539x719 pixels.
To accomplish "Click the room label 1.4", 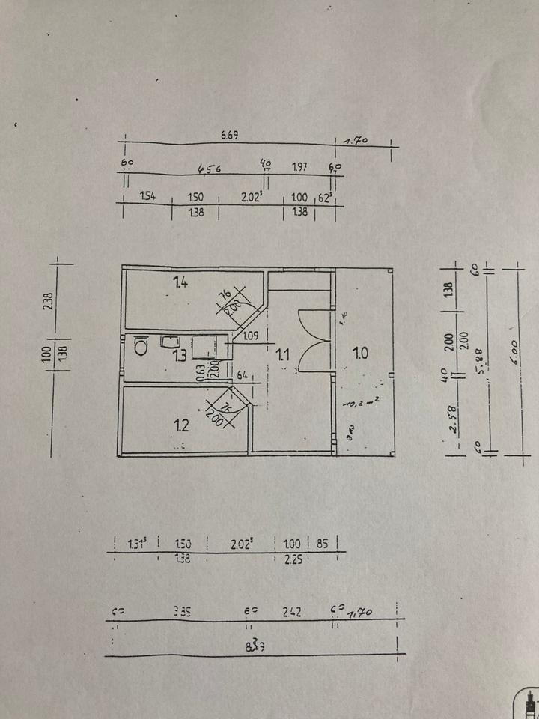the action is [180, 282].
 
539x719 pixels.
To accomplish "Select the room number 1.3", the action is [180, 355].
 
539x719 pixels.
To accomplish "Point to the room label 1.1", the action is [282, 355].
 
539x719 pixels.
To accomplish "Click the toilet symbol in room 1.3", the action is [141, 345].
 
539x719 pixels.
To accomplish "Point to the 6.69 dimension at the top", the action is [229, 135].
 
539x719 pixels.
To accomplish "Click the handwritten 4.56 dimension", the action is [209, 169].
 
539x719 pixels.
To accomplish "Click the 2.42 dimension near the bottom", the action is [292, 612].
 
